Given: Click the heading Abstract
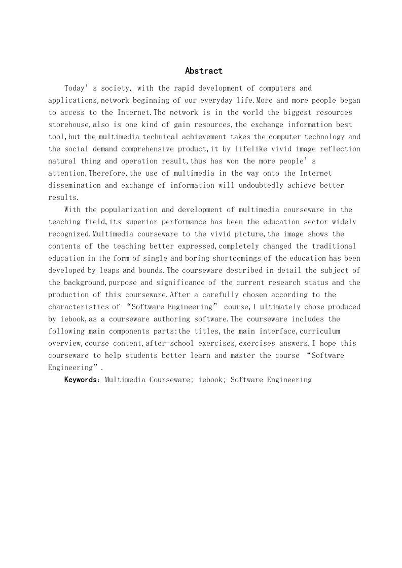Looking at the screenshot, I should coord(203,71).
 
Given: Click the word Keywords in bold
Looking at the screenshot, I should coord(82,379).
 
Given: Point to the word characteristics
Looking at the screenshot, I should coord(77,307).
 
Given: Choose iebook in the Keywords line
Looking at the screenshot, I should coord(208,379).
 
